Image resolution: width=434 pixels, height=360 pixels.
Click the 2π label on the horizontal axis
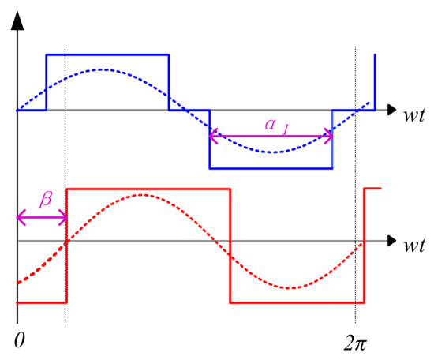(x=355, y=343)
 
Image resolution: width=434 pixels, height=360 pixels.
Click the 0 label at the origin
(x=20, y=339)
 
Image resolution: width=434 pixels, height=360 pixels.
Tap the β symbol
(x=46, y=200)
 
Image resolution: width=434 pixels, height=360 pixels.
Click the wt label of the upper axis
(x=413, y=115)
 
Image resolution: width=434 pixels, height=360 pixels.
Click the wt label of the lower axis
(x=413, y=246)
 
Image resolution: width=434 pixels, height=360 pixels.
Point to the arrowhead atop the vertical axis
(x=17, y=21)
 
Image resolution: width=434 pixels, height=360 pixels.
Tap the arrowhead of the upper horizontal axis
(x=391, y=110)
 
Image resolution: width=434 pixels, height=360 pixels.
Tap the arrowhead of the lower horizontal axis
(x=391, y=241)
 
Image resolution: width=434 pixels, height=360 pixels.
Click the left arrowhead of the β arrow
(x=21, y=218)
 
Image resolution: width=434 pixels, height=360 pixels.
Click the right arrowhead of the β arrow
(x=64, y=218)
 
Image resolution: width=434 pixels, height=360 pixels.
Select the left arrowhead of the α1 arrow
(x=213, y=136)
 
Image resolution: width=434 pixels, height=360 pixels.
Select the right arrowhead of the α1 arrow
(x=328, y=136)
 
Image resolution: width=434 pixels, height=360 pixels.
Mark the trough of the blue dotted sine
(x=273, y=152)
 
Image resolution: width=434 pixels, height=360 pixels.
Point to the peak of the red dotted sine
(x=141, y=195)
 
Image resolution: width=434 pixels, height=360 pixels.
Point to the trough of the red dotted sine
(x=290, y=288)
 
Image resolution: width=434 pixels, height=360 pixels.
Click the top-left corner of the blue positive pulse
(x=47, y=55)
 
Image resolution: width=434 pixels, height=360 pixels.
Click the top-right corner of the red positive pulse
(x=230, y=189)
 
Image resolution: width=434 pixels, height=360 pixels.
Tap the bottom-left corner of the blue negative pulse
(x=210, y=168)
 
